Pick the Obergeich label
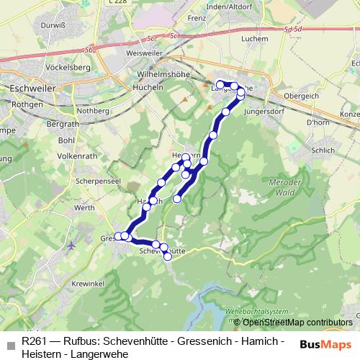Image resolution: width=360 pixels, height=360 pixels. click(300, 95)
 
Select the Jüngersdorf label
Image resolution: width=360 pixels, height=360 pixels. click(264, 112)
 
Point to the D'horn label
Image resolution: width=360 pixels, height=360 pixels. click(317, 123)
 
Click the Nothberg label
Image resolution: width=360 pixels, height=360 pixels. click(92, 111)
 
